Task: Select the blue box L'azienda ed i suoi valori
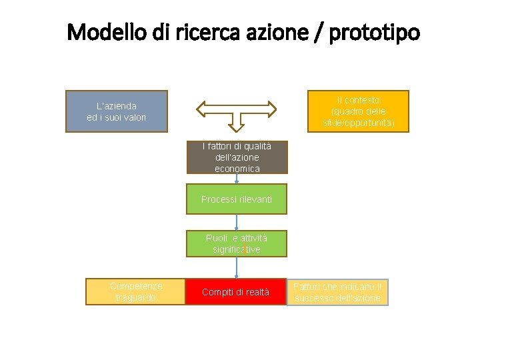(x=117, y=111)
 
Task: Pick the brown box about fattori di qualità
(x=237, y=157)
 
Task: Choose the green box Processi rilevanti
(x=237, y=199)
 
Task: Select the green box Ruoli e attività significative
(x=237, y=244)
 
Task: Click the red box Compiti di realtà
(x=235, y=292)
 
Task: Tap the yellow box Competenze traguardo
(x=136, y=292)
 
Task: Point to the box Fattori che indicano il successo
(x=337, y=292)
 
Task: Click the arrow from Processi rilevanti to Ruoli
(x=237, y=223)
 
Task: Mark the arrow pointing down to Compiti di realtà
(x=237, y=268)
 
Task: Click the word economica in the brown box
(x=237, y=169)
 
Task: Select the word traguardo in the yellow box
(x=136, y=298)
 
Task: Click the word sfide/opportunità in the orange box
(x=359, y=123)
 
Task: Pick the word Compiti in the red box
(x=217, y=292)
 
